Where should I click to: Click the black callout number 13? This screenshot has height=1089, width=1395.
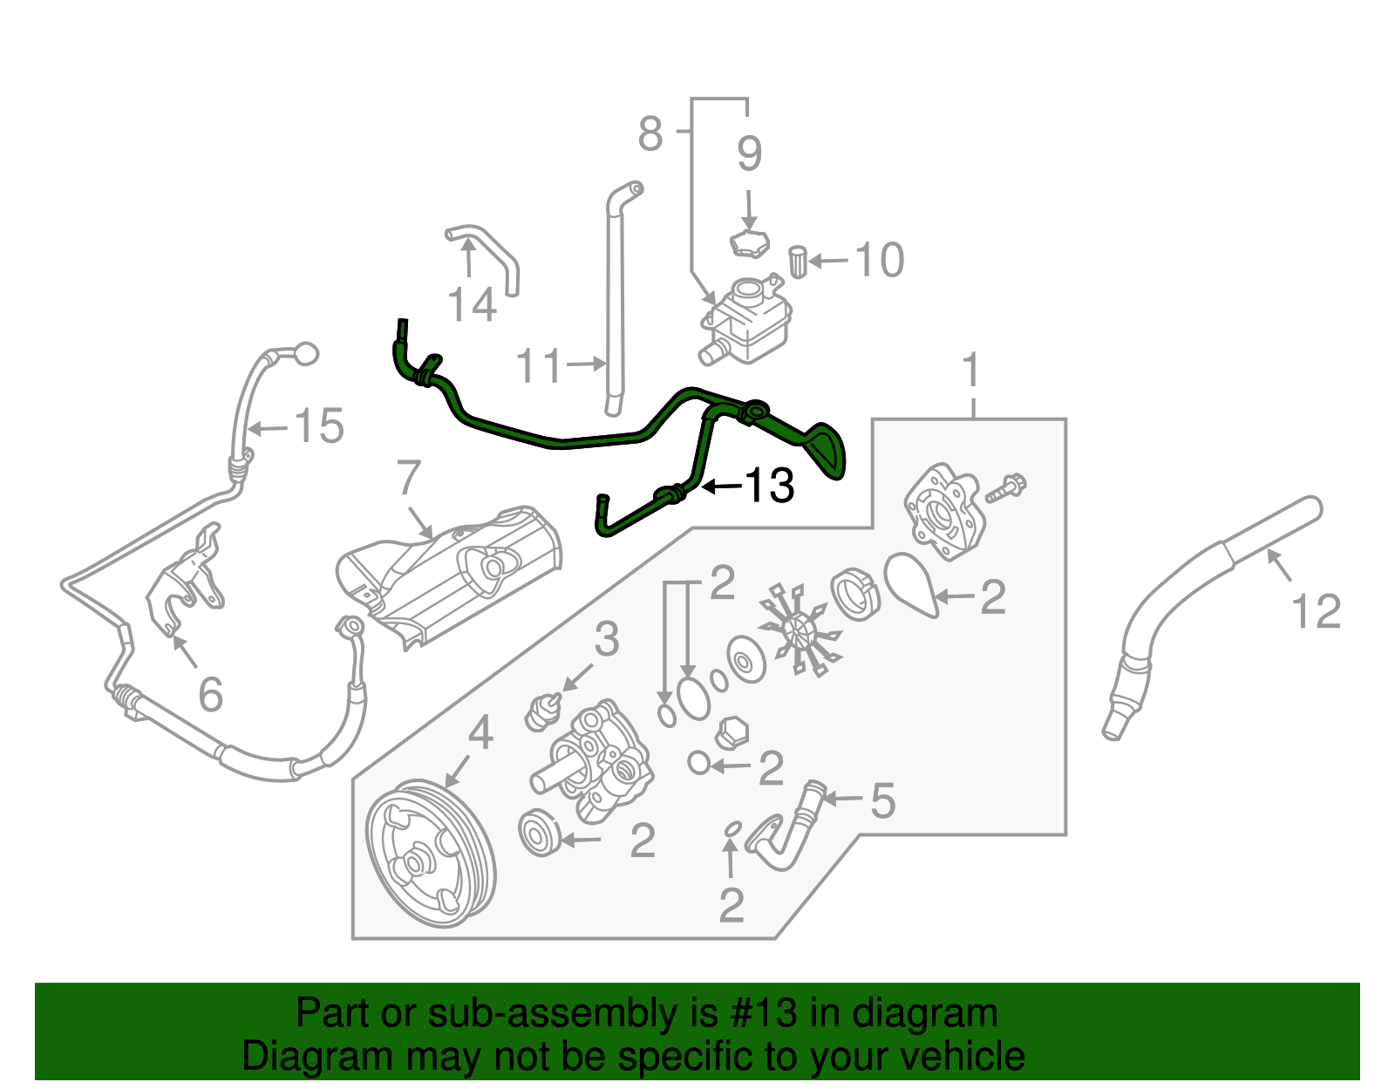(x=769, y=486)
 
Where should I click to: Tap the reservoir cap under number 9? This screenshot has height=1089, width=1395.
(x=748, y=244)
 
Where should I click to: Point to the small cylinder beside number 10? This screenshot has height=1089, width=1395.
(x=798, y=261)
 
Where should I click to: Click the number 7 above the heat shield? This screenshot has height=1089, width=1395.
(x=408, y=478)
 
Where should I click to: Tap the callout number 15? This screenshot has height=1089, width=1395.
(x=319, y=426)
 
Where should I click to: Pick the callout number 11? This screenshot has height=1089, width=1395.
(x=539, y=365)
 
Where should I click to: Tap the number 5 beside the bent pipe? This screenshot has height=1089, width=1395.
(x=882, y=800)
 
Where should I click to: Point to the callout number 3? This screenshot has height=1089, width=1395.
(x=606, y=639)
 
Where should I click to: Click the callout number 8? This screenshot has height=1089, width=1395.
(x=650, y=133)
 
